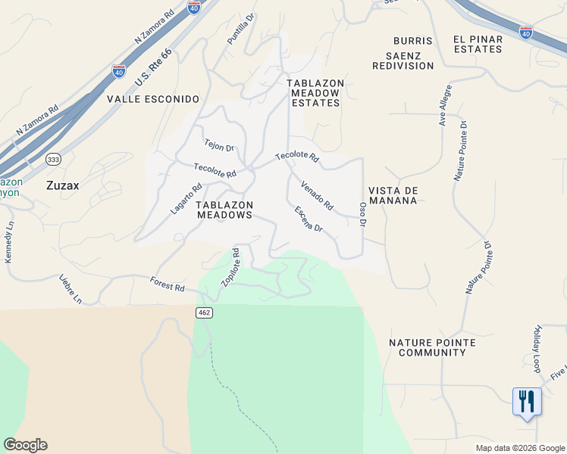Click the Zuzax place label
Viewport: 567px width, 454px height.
(x=63, y=184)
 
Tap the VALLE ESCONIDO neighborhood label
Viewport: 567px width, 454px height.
(x=153, y=99)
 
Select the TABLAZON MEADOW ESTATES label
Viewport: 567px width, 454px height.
(x=315, y=92)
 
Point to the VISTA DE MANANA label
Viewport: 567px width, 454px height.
(x=393, y=195)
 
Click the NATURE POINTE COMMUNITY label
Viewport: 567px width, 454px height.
(x=432, y=347)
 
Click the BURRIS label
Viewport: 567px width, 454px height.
(x=413, y=40)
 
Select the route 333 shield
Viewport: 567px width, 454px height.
(x=53, y=160)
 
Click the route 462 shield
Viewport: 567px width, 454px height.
(x=204, y=313)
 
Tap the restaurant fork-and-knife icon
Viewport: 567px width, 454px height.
(x=527, y=400)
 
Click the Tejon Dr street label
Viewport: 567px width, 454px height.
(x=218, y=145)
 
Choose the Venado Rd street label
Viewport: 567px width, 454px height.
(x=317, y=195)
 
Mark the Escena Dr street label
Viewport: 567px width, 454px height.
(x=309, y=219)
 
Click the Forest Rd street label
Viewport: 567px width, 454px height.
(x=168, y=285)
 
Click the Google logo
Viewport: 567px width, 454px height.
(x=25, y=445)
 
